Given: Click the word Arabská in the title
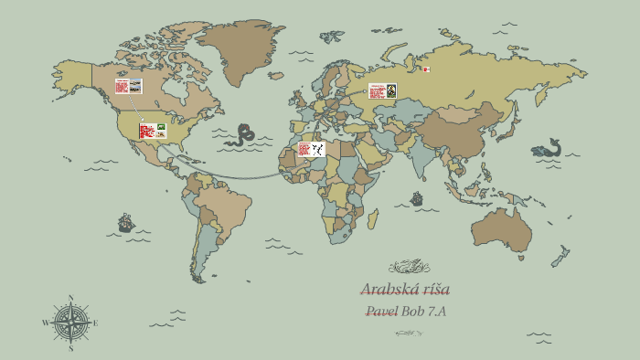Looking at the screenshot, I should (x=384, y=290).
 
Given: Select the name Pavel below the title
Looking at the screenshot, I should (x=380, y=311).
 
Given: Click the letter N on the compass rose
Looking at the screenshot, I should (x=70, y=298).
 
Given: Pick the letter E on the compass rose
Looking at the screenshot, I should (x=95, y=323).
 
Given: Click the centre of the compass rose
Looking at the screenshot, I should (x=70, y=323).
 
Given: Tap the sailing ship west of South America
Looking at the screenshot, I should (x=126, y=223).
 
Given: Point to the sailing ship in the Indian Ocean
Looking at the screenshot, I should (x=417, y=198).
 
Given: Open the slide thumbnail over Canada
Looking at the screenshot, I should (x=128, y=86).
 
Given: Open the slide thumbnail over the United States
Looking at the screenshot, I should (x=153, y=131).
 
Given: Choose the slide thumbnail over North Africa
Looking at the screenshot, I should (x=311, y=149).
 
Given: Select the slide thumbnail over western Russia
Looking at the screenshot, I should (x=382, y=90).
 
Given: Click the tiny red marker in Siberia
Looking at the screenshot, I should (x=426, y=69).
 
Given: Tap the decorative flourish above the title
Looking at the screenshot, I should (x=409, y=267).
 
